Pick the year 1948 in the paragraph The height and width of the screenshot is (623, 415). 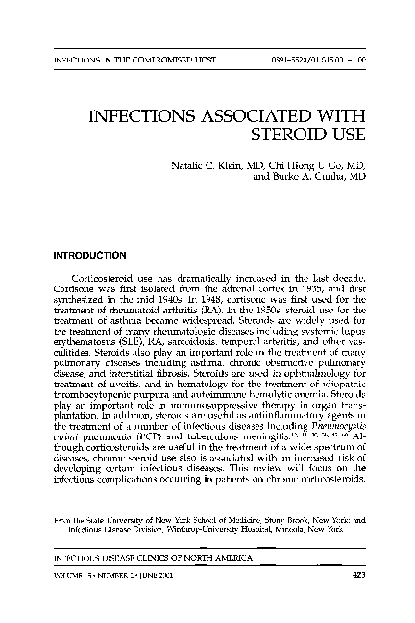[168, 298]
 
